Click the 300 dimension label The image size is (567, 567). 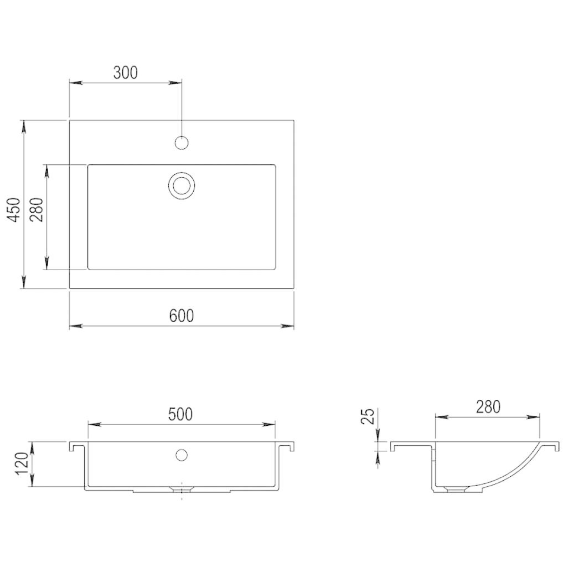[125, 72]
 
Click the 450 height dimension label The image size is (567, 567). [14, 209]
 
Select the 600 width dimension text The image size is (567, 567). [181, 316]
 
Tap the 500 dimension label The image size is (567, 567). [180, 414]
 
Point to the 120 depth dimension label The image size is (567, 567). [22, 464]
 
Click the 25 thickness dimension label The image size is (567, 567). [367, 416]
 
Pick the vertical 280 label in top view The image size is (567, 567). [36, 209]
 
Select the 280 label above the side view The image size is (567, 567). [488, 407]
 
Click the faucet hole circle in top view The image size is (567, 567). [181, 143]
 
